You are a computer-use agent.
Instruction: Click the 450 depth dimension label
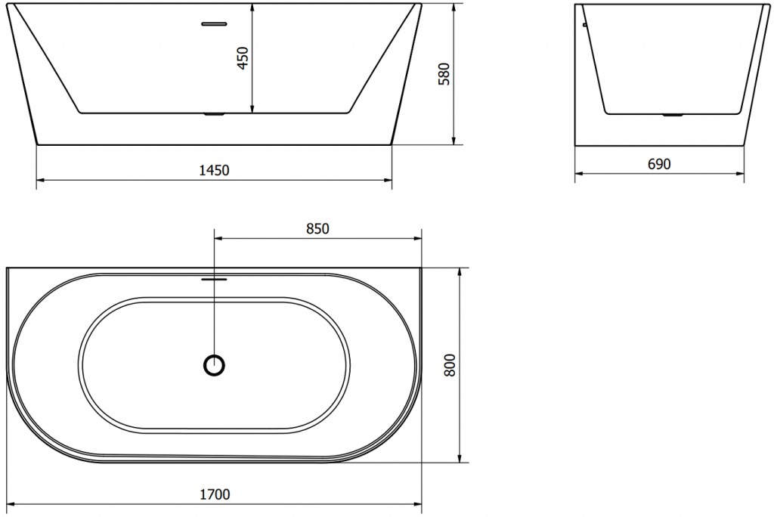point(243,57)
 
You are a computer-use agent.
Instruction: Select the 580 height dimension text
point(444,73)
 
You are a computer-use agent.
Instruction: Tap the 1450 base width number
point(215,171)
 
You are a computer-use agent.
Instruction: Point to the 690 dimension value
point(659,164)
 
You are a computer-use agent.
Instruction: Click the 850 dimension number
point(317,229)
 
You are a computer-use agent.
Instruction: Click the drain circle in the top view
point(215,366)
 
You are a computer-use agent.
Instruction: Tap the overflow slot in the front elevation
point(215,23)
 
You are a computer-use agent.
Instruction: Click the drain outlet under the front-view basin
point(215,115)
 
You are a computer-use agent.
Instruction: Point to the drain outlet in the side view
point(672,116)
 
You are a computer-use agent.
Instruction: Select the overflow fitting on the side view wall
point(584,25)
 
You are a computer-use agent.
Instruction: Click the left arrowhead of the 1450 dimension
point(40,180)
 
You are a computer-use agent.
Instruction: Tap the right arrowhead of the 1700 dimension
point(418,504)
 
